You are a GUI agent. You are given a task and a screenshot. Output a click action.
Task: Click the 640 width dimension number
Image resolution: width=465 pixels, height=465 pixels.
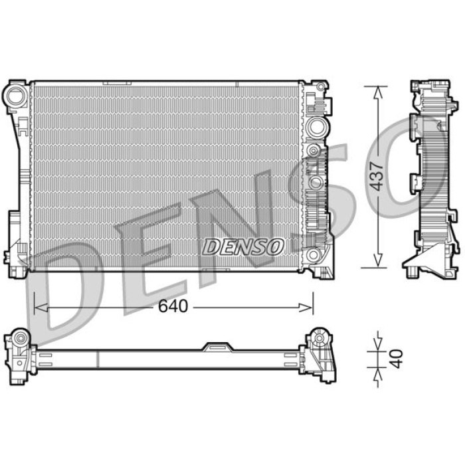174,307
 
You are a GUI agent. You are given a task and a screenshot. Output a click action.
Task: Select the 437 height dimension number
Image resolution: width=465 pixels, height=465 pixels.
377,177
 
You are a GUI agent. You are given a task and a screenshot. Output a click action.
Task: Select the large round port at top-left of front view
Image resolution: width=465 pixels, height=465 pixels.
15,96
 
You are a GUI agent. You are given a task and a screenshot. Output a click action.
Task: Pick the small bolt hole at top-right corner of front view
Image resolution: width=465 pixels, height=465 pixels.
322,88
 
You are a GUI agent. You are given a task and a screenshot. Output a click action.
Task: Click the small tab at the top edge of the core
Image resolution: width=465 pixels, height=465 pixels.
117,83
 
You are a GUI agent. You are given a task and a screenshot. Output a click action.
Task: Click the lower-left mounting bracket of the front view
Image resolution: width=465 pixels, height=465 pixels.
17,252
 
